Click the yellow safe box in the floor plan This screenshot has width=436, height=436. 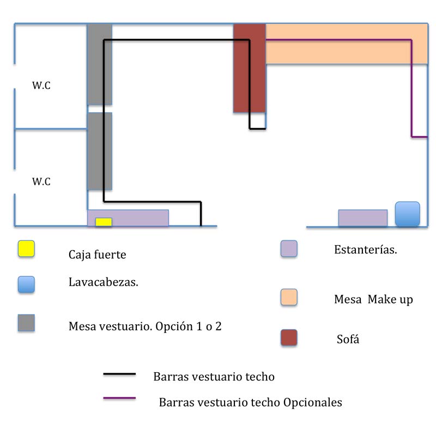[104, 222]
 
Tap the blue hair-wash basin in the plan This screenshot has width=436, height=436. [408, 214]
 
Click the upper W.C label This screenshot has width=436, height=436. [41, 86]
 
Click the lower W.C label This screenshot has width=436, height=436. [41, 181]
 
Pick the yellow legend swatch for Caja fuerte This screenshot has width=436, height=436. [26, 249]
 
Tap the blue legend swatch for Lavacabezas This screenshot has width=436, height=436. [26, 284]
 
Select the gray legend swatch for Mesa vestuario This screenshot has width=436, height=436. [26, 323]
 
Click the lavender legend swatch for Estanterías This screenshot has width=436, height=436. [289, 249]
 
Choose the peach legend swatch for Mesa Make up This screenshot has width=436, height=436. [289, 297]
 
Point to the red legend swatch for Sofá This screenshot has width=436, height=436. [289, 338]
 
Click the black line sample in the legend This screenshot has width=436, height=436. [119, 374]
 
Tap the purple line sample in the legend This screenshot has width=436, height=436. [119, 399]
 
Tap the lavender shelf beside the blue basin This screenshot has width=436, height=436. [363, 218]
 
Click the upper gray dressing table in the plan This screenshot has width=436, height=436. [100, 64]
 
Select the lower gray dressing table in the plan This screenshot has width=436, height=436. [100, 151]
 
